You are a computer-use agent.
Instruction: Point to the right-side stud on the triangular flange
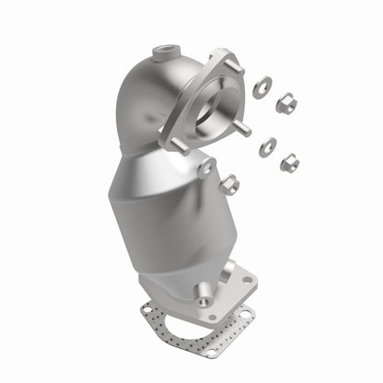coord(243,129)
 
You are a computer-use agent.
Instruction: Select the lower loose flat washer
coord(268,145)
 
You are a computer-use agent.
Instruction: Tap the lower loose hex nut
coord(289,163)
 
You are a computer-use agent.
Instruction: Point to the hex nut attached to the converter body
coord(228,184)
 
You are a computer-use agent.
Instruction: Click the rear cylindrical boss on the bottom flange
coord(225,266)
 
